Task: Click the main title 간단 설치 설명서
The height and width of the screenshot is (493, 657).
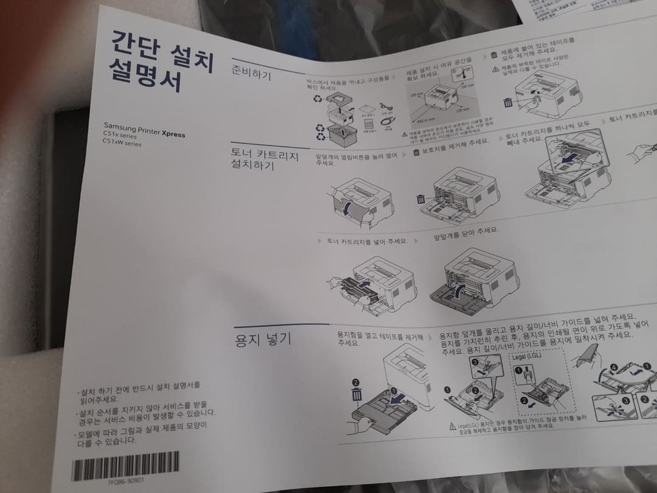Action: pyautogui.click(x=161, y=61)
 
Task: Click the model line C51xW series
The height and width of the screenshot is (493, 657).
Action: pyautogui.click(x=122, y=144)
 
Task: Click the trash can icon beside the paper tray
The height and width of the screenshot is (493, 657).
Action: pyautogui.click(x=356, y=394)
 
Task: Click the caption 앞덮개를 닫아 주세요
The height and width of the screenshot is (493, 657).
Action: pyautogui.click(x=465, y=233)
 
